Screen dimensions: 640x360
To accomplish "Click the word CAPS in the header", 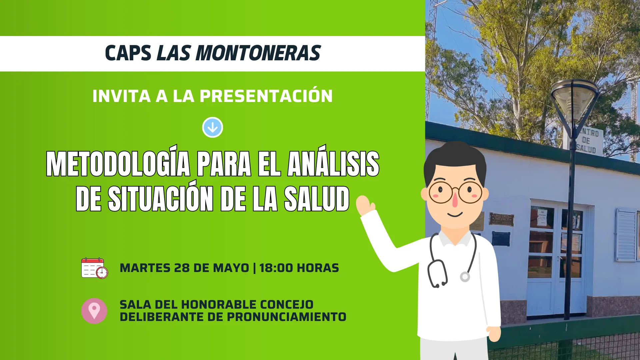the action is (128, 53).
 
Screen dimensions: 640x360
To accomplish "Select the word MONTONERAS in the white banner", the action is (258, 53).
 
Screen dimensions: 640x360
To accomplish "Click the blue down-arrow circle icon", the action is (213, 127).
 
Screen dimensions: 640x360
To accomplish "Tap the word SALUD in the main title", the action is (317, 199).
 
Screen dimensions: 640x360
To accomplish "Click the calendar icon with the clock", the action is (95, 268).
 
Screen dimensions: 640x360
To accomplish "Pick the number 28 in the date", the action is (182, 268).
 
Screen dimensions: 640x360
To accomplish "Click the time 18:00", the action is (276, 268).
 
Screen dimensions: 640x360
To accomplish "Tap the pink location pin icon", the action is (94, 311).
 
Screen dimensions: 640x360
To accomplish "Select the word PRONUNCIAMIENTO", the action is (287, 317).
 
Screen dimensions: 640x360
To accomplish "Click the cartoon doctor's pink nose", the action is (455, 199).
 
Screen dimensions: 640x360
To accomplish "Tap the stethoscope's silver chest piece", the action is (465, 277).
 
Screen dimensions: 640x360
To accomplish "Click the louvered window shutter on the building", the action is (626, 234).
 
